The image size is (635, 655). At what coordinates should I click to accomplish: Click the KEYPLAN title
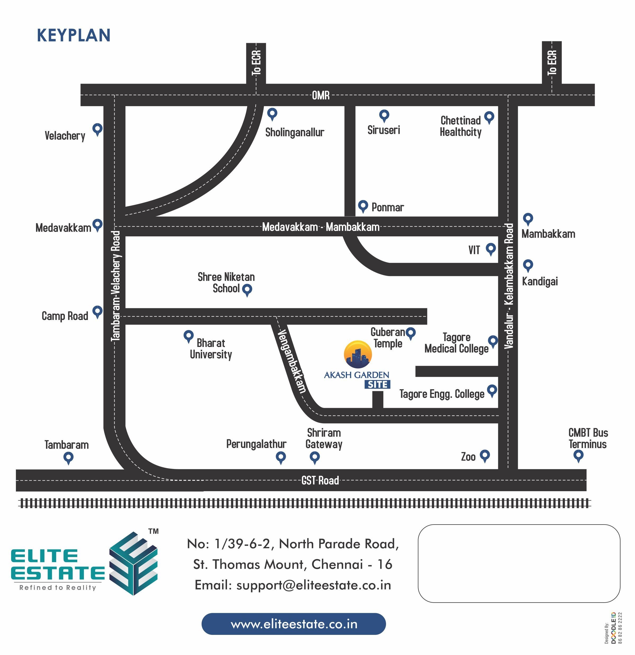[74, 35]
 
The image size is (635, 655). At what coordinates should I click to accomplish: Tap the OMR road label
[321, 96]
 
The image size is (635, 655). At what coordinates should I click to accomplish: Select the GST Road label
[320, 481]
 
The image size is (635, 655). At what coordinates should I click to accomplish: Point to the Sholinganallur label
[295, 132]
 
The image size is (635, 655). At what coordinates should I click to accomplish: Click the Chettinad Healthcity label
[461, 126]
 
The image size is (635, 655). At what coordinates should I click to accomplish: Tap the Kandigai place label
[540, 281]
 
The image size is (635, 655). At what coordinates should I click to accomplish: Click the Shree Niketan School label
[226, 283]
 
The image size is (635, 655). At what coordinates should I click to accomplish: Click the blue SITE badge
[378, 385]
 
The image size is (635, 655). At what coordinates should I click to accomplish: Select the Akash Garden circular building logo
[358, 355]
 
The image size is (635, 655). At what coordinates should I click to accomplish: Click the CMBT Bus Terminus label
[588, 439]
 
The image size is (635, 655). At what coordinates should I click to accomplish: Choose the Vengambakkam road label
[292, 361]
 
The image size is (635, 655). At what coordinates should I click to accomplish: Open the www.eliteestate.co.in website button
[294, 624]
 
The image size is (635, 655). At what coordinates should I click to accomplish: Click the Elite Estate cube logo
[134, 563]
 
